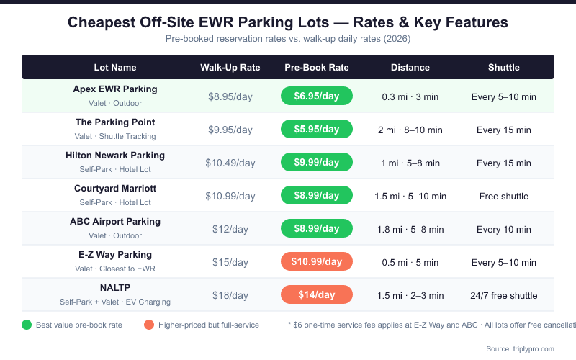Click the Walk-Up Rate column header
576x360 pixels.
[x=230, y=68]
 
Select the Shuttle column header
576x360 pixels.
[x=504, y=68]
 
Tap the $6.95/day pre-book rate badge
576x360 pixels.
[x=317, y=96]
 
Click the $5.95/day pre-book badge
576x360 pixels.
[x=317, y=130]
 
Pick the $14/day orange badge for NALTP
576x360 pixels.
[x=317, y=295]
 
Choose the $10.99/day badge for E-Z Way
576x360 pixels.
[x=317, y=262]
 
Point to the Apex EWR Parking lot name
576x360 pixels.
[x=115, y=89]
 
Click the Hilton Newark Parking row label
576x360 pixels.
[x=115, y=156]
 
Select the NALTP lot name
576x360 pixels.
[x=115, y=288]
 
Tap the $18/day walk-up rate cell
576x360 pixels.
[x=230, y=295]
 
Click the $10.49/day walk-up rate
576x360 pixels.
[x=230, y=163]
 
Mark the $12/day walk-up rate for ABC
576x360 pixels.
[x=230, y=229]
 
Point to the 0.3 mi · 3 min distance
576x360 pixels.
[x=410, y=96]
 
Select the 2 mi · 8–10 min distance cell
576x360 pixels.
[x=410, y=130]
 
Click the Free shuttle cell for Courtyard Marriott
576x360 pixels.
[x=504, y=196]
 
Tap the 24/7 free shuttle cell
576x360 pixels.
[x=504, y=295]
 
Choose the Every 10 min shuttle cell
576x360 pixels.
[x=504, y=229]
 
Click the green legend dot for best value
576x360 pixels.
[x=27, y=325]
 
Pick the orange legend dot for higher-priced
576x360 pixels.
[x=149, y=325]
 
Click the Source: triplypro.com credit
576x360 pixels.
[x=521, y=348]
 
